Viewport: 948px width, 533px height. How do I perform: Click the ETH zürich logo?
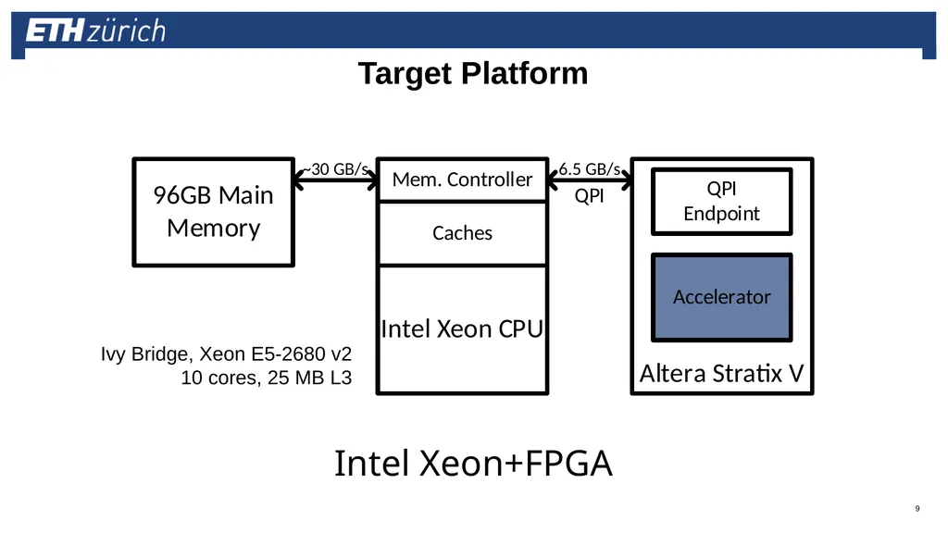pyautogui.click(x=95, y=31)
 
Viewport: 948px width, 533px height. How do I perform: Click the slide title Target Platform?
pyautogui.click(x=473, y=74)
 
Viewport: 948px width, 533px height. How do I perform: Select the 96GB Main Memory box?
pyautogui.click(x=214, y=212)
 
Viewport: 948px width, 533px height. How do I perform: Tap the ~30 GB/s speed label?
pyautogui.click(x=335, y=169)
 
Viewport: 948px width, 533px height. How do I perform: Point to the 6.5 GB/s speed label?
pyautogui.click(x=590, y=169)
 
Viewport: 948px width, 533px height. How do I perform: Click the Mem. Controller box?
pyautogui.click(x=463, y=180)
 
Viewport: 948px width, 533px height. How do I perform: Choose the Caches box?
pyautogui.click(x=463, y=233)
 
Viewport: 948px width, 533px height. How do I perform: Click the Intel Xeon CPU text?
pyautogui.click(x=463, y=329)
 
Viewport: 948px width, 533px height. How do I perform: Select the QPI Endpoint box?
pyautogui.click(x=722, y=201)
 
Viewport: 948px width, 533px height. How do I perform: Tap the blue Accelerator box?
pyautogui.click(x=722, y=297)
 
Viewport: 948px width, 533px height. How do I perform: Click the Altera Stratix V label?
pyautogui.click(x=722, y=374)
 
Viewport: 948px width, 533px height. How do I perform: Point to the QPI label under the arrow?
pyautogui.click(x=590, y=196)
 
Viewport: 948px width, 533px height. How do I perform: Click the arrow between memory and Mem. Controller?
pyautogui.click(x=335, y=180)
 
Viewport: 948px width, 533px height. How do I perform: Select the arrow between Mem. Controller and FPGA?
pyautogui.click(x=590, y=180)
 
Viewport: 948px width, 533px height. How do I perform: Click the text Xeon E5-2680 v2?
pyautogui.click(x=276, y=353)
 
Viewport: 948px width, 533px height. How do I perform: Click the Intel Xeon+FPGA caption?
pyautogui.click(x=473, y=464)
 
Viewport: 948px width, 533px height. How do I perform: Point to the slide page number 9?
pyautogui.click(x=917, y=508)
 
